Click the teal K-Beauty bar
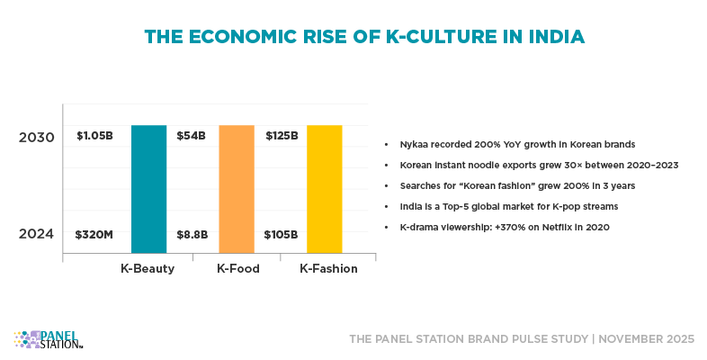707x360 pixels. (x=149, y=189)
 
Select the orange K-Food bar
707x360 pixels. (x=237, y=189)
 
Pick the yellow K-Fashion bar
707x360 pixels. (x=325, y=189)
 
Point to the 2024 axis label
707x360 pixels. (x=38, y=234)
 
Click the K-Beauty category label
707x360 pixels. (x=148, y=268)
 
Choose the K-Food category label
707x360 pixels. (x=237, y=268)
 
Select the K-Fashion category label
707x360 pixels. (x=328, y=268)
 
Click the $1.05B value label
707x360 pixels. (x=94, y=136)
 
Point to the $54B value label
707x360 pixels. (x=191, y=136)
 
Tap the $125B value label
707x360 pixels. (x=282, y=136)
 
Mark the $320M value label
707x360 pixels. (x=94, y=235)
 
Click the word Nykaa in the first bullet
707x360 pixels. (x=413, y=144)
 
